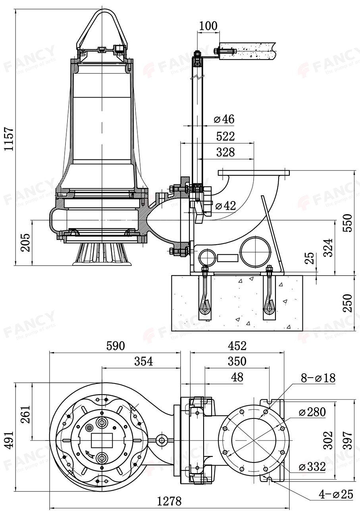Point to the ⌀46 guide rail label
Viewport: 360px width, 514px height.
coord(224,119)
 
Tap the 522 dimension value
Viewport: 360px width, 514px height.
coord(225,136)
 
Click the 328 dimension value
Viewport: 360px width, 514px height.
coord(225,152)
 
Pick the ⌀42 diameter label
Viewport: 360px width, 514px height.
coord(225,205)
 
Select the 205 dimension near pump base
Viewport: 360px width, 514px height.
coord(25,242)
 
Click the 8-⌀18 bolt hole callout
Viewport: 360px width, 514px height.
coord(318,378)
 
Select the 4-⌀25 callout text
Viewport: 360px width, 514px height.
coord(336,494)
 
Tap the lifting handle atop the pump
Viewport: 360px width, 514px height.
coord(102,28)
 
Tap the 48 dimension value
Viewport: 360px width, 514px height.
coord(237,377)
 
